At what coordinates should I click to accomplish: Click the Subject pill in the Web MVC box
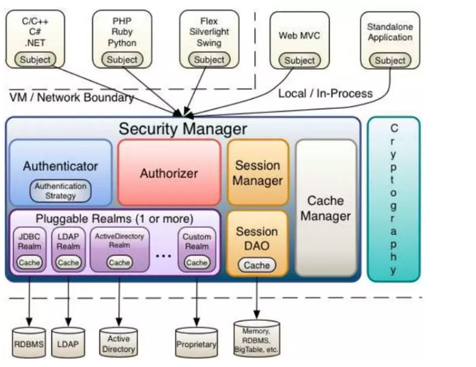300,60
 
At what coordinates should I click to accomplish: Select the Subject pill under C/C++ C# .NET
35,60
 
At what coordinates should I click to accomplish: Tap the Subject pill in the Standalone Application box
390,60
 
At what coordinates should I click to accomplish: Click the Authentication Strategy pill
61,191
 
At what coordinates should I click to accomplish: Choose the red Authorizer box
169,173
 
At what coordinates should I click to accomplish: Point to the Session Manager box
258,173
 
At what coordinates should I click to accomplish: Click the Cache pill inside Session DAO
257,265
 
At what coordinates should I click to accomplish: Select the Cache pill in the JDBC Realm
29,262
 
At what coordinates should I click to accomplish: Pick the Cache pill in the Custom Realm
196,262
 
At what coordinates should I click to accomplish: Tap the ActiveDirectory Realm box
119,249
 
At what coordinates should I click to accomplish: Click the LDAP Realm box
69,249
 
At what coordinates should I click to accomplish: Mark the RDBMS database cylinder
29,342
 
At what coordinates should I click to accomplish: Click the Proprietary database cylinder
196,342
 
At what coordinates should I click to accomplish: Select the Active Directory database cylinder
118,341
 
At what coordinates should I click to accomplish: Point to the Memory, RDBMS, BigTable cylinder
256,338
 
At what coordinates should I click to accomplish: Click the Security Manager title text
183,129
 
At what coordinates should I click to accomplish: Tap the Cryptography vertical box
394,199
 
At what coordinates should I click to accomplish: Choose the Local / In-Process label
326,94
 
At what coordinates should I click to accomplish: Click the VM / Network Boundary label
72,97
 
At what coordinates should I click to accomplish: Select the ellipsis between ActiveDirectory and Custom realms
163,256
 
